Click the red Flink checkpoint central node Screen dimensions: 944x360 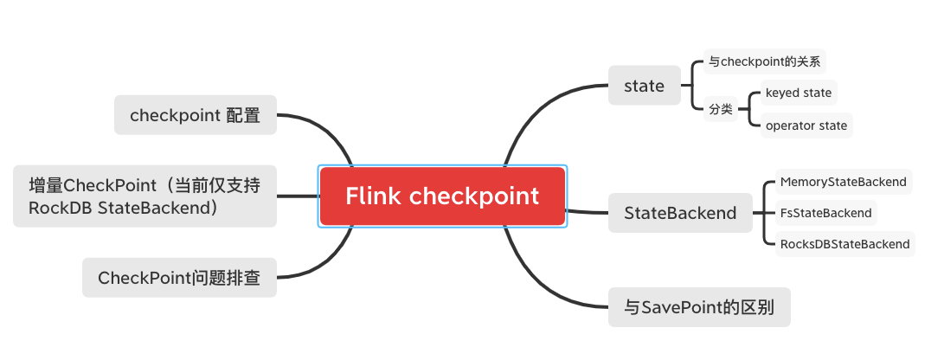(x=442, y=196)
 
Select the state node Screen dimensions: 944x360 (x=644, y=86)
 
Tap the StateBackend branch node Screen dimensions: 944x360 (x=680, y=213)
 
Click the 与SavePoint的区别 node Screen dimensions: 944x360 (x=699, y=307)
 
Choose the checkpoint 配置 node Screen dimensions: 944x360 (x=195, y=114)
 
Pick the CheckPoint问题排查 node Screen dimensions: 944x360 (x=179, y=278)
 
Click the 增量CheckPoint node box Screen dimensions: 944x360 (x=145, y=196)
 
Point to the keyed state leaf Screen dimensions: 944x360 (x=799, y=93)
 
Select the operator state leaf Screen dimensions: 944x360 (x=806, y=125)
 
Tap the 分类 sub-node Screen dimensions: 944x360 (x=721, y=110)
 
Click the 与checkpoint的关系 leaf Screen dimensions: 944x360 (x=764, y=61)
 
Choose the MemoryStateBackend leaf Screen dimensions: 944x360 (x=843, y=182)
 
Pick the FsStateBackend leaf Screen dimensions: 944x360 (x=825, y=213)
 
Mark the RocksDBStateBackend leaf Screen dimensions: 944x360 (x=844, y=244)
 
